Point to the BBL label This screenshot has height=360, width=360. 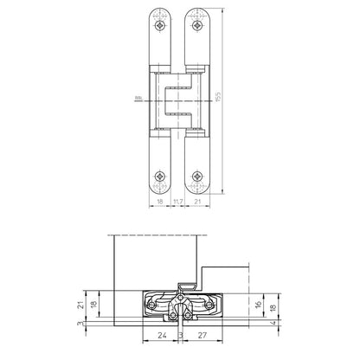coord(139,98)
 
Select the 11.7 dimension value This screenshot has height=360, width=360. coord(178,201)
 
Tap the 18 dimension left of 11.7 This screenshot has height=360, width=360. coord(158,201)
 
